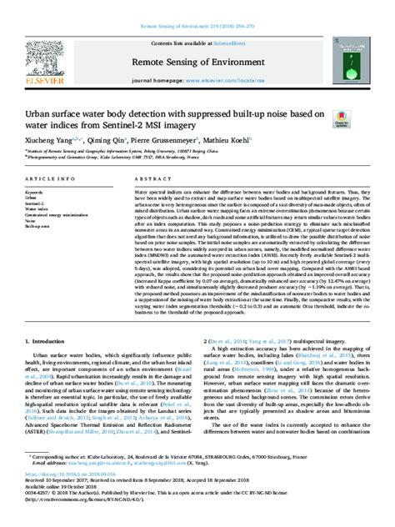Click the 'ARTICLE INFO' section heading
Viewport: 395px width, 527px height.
(52, 178)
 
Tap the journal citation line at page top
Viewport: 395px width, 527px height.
(197, 5)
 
